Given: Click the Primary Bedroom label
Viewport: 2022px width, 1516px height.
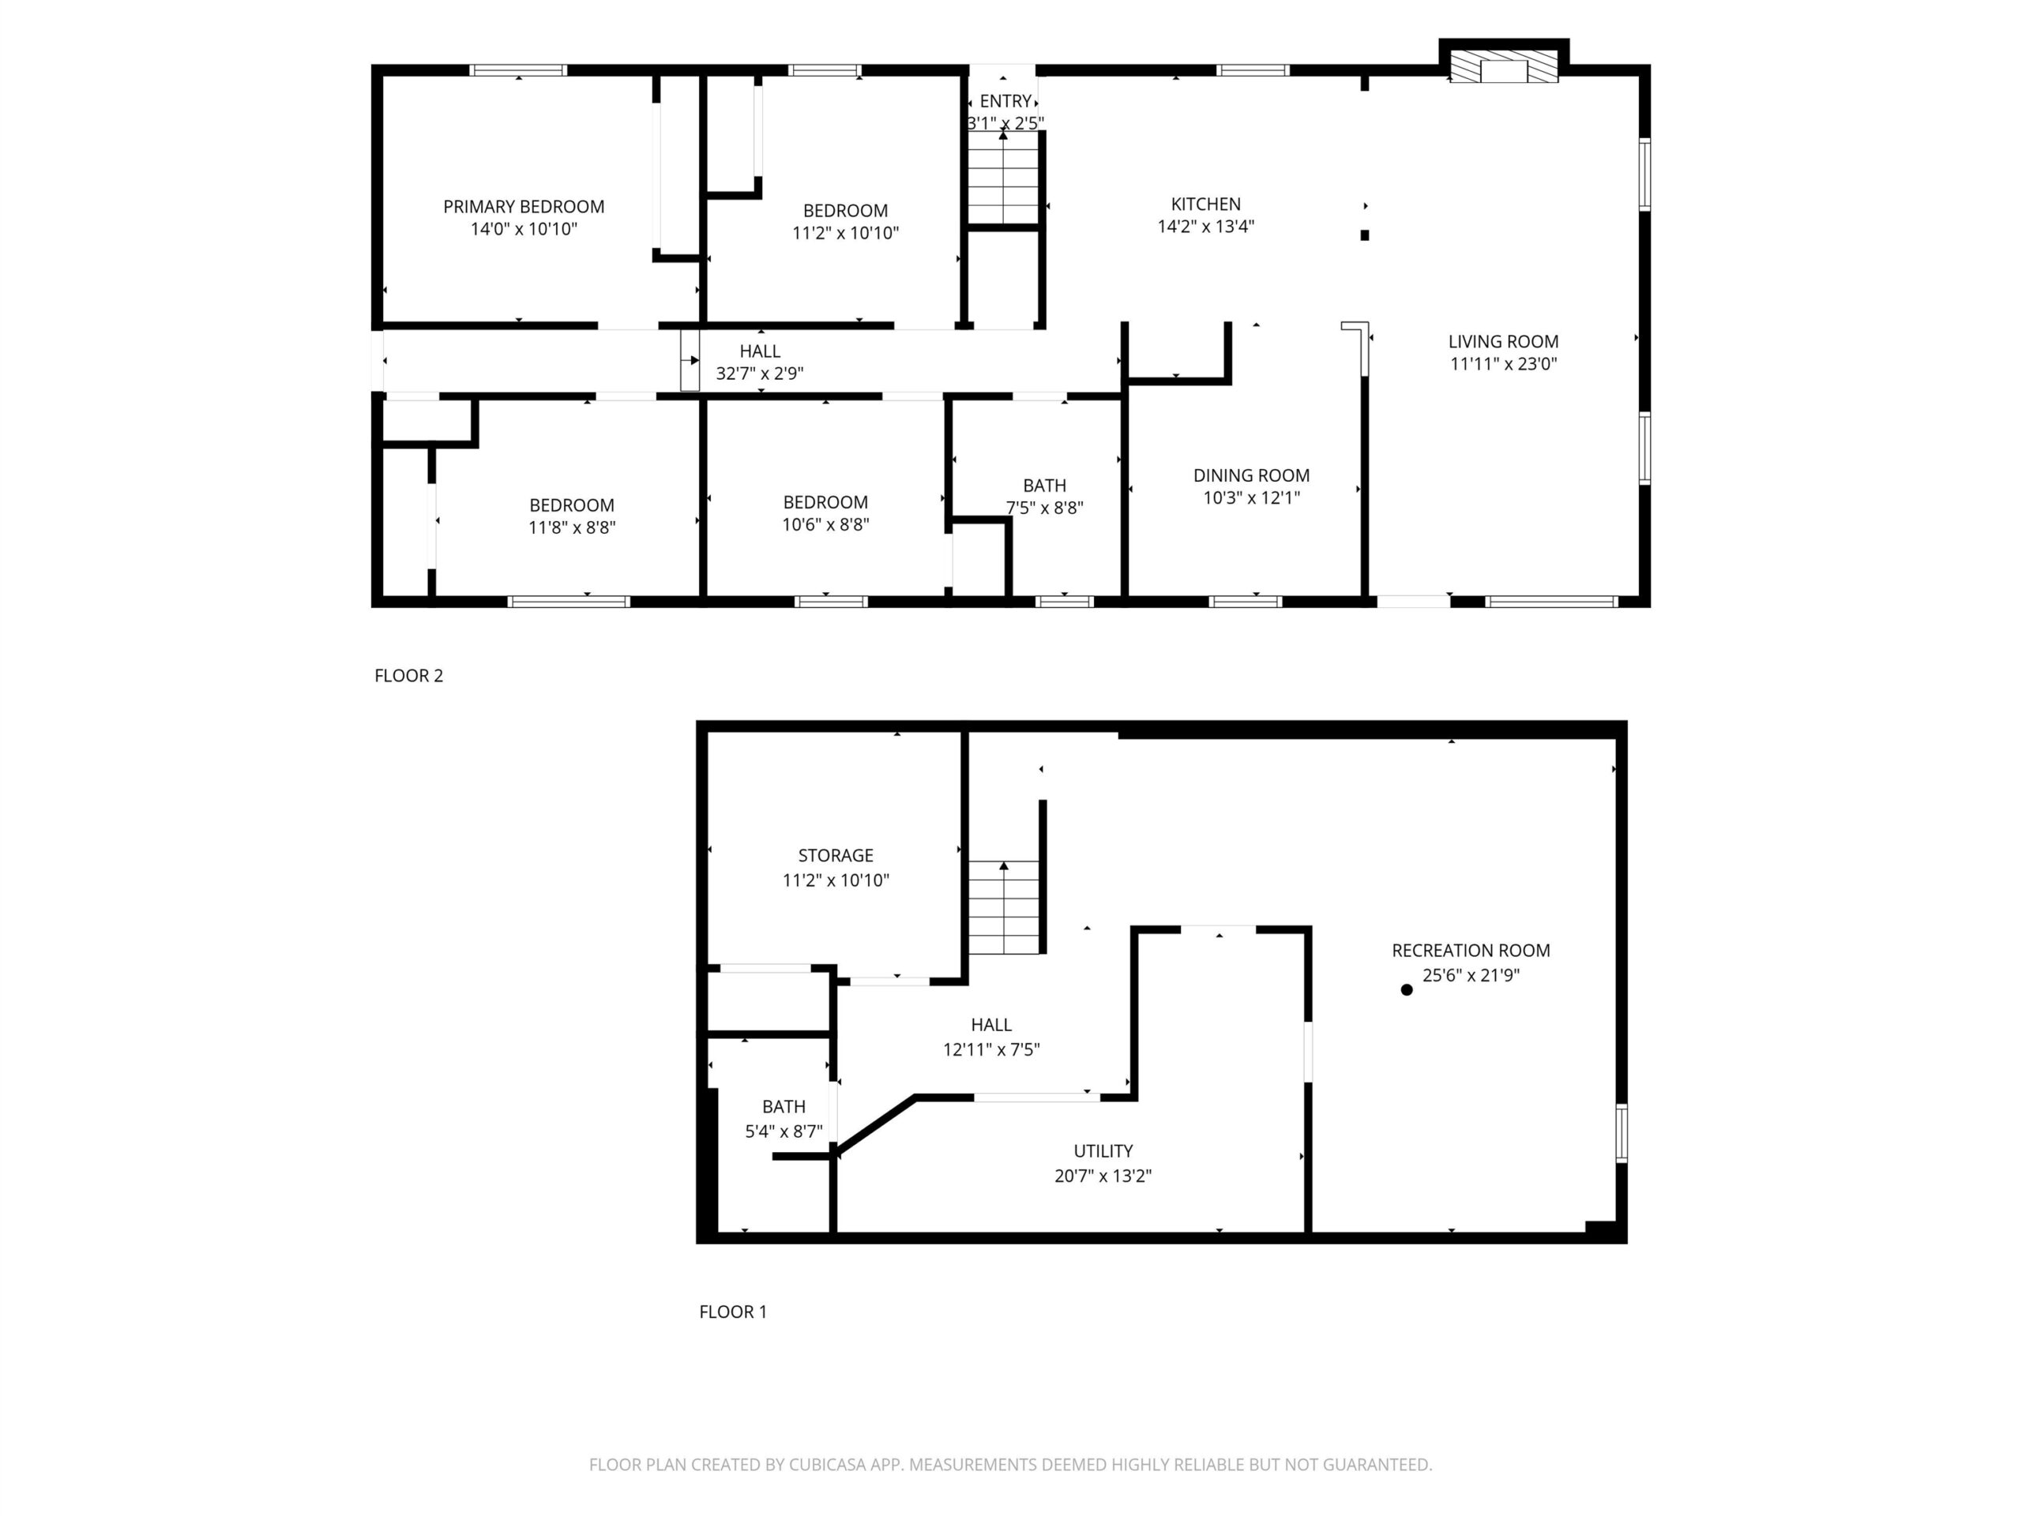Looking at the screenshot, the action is tap(524, 208).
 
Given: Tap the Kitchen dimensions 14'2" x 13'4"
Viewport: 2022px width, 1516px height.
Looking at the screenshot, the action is tap(1206, 227).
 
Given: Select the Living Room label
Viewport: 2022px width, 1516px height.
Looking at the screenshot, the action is tap(1504, 342).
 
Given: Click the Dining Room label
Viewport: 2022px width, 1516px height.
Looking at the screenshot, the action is tap(1251, 475).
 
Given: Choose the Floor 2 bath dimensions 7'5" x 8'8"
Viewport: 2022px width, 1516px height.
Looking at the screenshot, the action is tap(1045, 508).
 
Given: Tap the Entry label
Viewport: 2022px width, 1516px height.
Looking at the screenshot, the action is tap(1005, 101).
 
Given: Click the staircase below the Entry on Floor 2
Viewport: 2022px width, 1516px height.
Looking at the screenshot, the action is tap(1004, 178).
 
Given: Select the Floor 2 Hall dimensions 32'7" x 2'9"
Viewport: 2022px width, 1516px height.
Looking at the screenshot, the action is tap(760, 373).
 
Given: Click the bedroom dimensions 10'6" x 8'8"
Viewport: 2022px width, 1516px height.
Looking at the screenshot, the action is tap(825, 524).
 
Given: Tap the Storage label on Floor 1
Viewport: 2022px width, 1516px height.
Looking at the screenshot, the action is tap(836, 855).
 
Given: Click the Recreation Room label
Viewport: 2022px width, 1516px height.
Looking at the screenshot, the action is tap(1471, 951).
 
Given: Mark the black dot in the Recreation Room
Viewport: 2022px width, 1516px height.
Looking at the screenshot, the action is tap(1407, 989).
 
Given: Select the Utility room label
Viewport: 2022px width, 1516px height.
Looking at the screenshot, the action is tap(1103, 1151).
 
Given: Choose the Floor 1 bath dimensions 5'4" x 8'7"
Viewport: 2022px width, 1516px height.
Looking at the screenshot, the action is tap(784, 1131).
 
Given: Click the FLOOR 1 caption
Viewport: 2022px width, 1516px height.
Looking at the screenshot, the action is tap(733, 1312).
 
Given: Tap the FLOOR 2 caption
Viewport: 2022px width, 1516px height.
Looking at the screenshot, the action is tap(408, 676).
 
